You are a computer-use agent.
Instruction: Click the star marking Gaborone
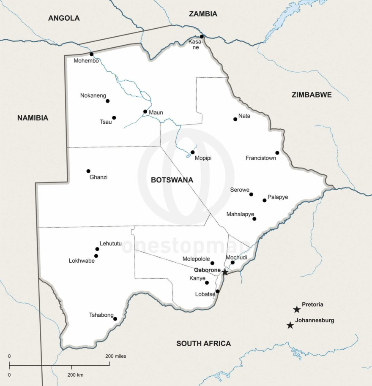coord(225,272)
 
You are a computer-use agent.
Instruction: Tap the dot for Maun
coord(145,112)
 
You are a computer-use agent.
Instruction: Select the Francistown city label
coord(261,158)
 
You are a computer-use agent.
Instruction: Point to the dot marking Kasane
coord(202,36)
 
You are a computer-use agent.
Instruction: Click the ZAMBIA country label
coord(203,14)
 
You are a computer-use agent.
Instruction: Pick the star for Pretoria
coord(297,310)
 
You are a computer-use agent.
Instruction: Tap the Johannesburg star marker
coord(290,325)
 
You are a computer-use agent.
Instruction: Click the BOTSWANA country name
coord(172,180)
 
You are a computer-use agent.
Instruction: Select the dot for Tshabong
coord(115,319)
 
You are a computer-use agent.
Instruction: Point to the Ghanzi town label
coord(98,177)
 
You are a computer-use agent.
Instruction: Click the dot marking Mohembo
coord(91,54)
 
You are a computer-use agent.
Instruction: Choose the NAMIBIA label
coord(33,118)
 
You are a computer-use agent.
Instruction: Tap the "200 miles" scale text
coord(115,356)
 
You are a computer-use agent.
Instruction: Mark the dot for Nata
coord(235,119)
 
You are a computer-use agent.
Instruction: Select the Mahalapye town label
coord(238,214)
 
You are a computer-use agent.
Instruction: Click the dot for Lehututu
coord(97,249)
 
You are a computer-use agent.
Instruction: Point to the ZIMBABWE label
coord(312,95)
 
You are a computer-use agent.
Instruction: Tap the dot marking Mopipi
coord(192,152)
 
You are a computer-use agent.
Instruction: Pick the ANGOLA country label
coord(64,18)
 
